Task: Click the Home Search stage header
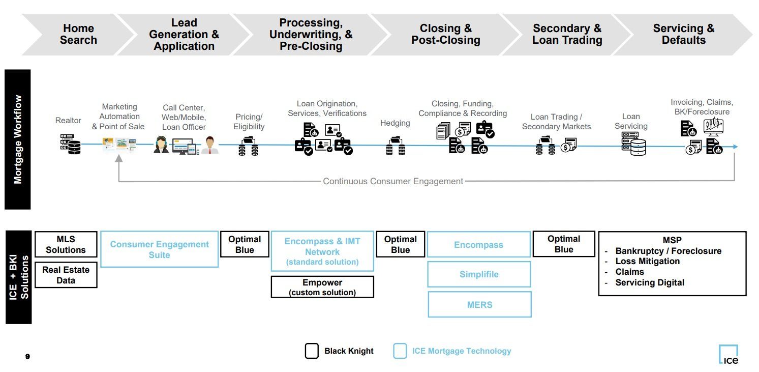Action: pos(78,34)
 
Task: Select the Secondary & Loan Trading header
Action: pos(567,34)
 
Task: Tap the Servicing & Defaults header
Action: pos(683,34)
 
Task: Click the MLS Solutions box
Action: pos(66,244)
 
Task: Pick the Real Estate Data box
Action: pos(66,275)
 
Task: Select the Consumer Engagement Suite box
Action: pos(159,249)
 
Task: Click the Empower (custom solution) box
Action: pos(322,287)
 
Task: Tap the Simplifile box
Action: pos(479,274)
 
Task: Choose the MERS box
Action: pos(479,304)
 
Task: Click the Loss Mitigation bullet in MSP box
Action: pos(647,261)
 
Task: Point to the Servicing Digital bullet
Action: pos(650,282)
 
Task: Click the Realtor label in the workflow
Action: pos(68,121)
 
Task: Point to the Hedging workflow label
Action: pos(395,123)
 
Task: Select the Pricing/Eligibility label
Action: pos(249,122)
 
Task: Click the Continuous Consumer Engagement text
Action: pos(393,181)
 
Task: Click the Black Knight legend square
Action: pos(312,351)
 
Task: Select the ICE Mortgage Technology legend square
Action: pos(400,351)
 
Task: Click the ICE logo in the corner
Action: pos(728,354)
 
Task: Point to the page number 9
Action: pos(27,357)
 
